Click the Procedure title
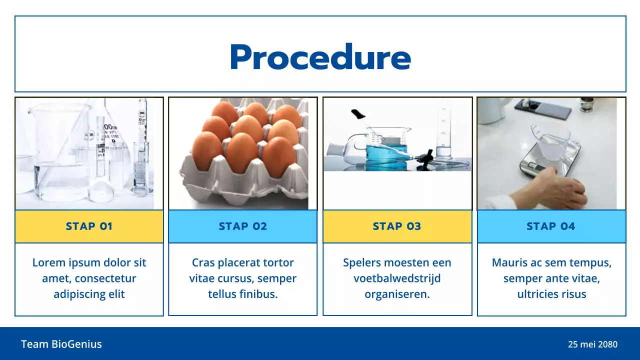coord(320,57)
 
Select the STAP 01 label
coord(89,226)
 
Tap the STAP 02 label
coord(243,226)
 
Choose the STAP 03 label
coord(397,226)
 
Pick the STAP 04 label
coord(551,226)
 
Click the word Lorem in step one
coord(48,262)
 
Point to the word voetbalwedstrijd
coord(397,278)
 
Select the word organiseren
coord(397,294)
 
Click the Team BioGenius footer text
coord(61,344)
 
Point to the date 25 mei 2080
coord(592,344)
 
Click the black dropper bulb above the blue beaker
coord(358,114)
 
